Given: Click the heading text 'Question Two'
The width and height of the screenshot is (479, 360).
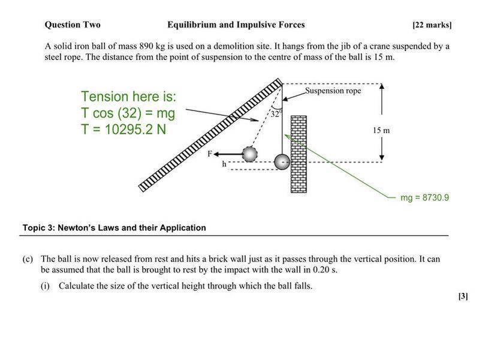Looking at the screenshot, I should point(73,25).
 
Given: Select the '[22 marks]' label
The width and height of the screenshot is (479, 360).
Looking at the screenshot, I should point(432,25).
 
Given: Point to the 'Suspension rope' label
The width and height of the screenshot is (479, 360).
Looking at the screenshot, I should point(333,91).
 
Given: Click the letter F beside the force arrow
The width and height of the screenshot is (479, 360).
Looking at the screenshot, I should point(210,154).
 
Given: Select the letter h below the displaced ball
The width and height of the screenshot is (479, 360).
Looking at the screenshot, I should point(224,164).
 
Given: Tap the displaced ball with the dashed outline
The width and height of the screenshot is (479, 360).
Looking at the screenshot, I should point(249,154).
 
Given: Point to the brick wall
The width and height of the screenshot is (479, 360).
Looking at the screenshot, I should point(299,153).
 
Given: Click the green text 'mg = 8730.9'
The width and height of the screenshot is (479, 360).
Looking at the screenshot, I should point(425,197).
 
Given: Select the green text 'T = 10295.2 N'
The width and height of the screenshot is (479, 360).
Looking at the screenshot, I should point(123,129).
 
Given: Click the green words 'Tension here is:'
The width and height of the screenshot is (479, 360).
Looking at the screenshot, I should point(129,97).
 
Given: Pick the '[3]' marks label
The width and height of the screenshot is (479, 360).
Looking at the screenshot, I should point(463,296).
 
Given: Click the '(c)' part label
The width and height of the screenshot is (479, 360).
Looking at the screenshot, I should point(28,259).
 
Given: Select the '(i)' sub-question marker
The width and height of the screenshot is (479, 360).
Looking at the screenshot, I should point(46,286).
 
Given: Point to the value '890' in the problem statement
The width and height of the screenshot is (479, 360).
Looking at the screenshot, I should point(144,46).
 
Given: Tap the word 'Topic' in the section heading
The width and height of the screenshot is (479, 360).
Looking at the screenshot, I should point(34,228).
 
